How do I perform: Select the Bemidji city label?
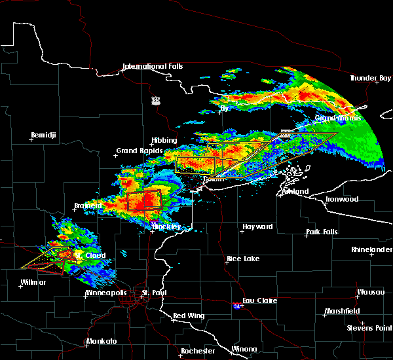[44, 135]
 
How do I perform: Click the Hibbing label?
[164, 141]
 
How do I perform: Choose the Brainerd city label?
[87, 206]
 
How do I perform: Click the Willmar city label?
[33, 282]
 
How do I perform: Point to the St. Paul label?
[155, 293]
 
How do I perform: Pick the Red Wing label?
[189, 316]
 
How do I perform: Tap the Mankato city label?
[101, 342]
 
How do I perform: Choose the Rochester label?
[197, 351]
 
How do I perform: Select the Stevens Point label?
[371, 327]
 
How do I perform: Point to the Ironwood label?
[343, 199]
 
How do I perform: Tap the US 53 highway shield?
[155, 99]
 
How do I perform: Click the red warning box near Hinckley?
[145, 201]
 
